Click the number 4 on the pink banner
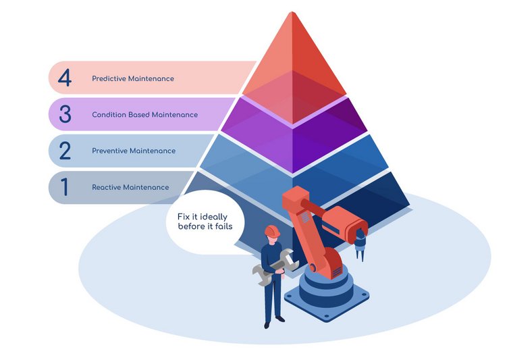coord(65,78)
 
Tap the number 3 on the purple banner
coord(65,114)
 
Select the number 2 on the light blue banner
coord(65,150)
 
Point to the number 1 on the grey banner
coord(65,187)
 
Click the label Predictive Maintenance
coord(133,78)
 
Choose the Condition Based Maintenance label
coord(145,115)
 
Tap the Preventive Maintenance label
coord(134,151)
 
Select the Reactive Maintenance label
coord(131,187)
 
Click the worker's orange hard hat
coord(271,231)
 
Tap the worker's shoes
coord(271,323)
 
